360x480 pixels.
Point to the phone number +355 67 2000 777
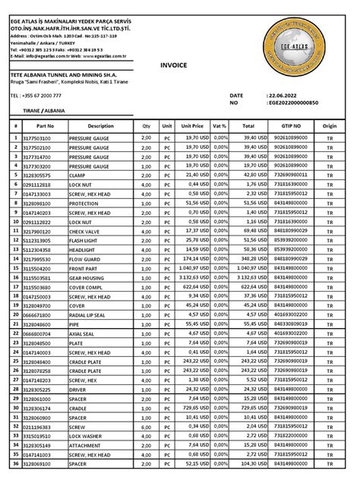40,96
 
